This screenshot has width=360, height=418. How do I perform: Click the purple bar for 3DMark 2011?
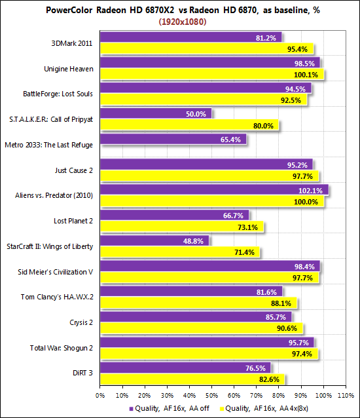click(x=191, y=37)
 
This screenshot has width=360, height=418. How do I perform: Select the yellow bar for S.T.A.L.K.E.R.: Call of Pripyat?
click(x=190, y=124)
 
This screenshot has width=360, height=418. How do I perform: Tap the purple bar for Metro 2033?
click(x=173, y=139)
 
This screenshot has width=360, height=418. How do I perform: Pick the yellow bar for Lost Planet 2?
click(x=182, y=226)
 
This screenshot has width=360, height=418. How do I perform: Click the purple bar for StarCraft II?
click(x=154, y=240)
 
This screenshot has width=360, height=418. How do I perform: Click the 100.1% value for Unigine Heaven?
click(x=306, y=75)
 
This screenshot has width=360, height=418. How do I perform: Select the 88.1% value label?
click(x=281, y=303)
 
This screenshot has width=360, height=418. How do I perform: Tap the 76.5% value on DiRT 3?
click(x=255, y=368)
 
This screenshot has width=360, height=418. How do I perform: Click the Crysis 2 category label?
click(x=81, y=322)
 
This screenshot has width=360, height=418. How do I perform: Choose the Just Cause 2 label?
click(x=74, y=170)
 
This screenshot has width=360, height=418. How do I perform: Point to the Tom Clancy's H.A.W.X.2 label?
click(x=57, y=297)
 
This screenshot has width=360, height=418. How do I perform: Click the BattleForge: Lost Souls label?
click(x=58, y=94)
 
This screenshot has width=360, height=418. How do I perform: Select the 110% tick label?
click(x=346, y=395)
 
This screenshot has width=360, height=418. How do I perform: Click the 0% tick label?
click(x=100, y=395)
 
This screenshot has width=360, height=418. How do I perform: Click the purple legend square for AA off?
click(x=131, y=409)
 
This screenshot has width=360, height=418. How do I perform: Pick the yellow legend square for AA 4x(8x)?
click(x=221, y=409)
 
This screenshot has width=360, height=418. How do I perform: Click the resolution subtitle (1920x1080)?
click(x=183, y=22)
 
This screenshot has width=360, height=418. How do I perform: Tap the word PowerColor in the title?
click(x=69, y=10)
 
